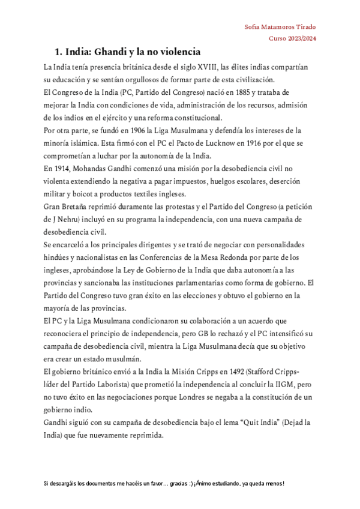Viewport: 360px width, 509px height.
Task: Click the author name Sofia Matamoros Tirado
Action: [x=281, y=27]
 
